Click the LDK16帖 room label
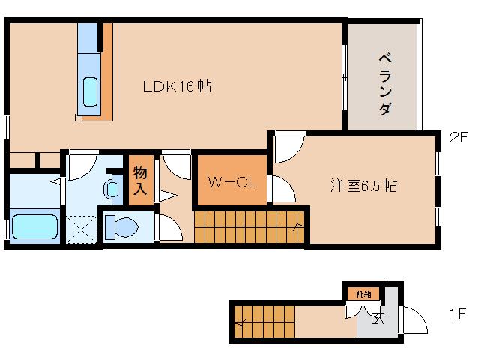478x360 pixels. [x=177, y=86]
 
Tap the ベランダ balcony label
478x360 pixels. [x=384, y=83]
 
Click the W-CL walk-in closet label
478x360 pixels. [x=231, y=181]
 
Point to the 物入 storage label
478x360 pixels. [x=140, y=181]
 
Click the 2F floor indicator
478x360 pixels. [x=458, y=138]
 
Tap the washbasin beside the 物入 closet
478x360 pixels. [x=112, y=189]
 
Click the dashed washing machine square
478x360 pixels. [x=82, y=229]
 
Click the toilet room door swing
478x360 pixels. [x=169, y=226]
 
